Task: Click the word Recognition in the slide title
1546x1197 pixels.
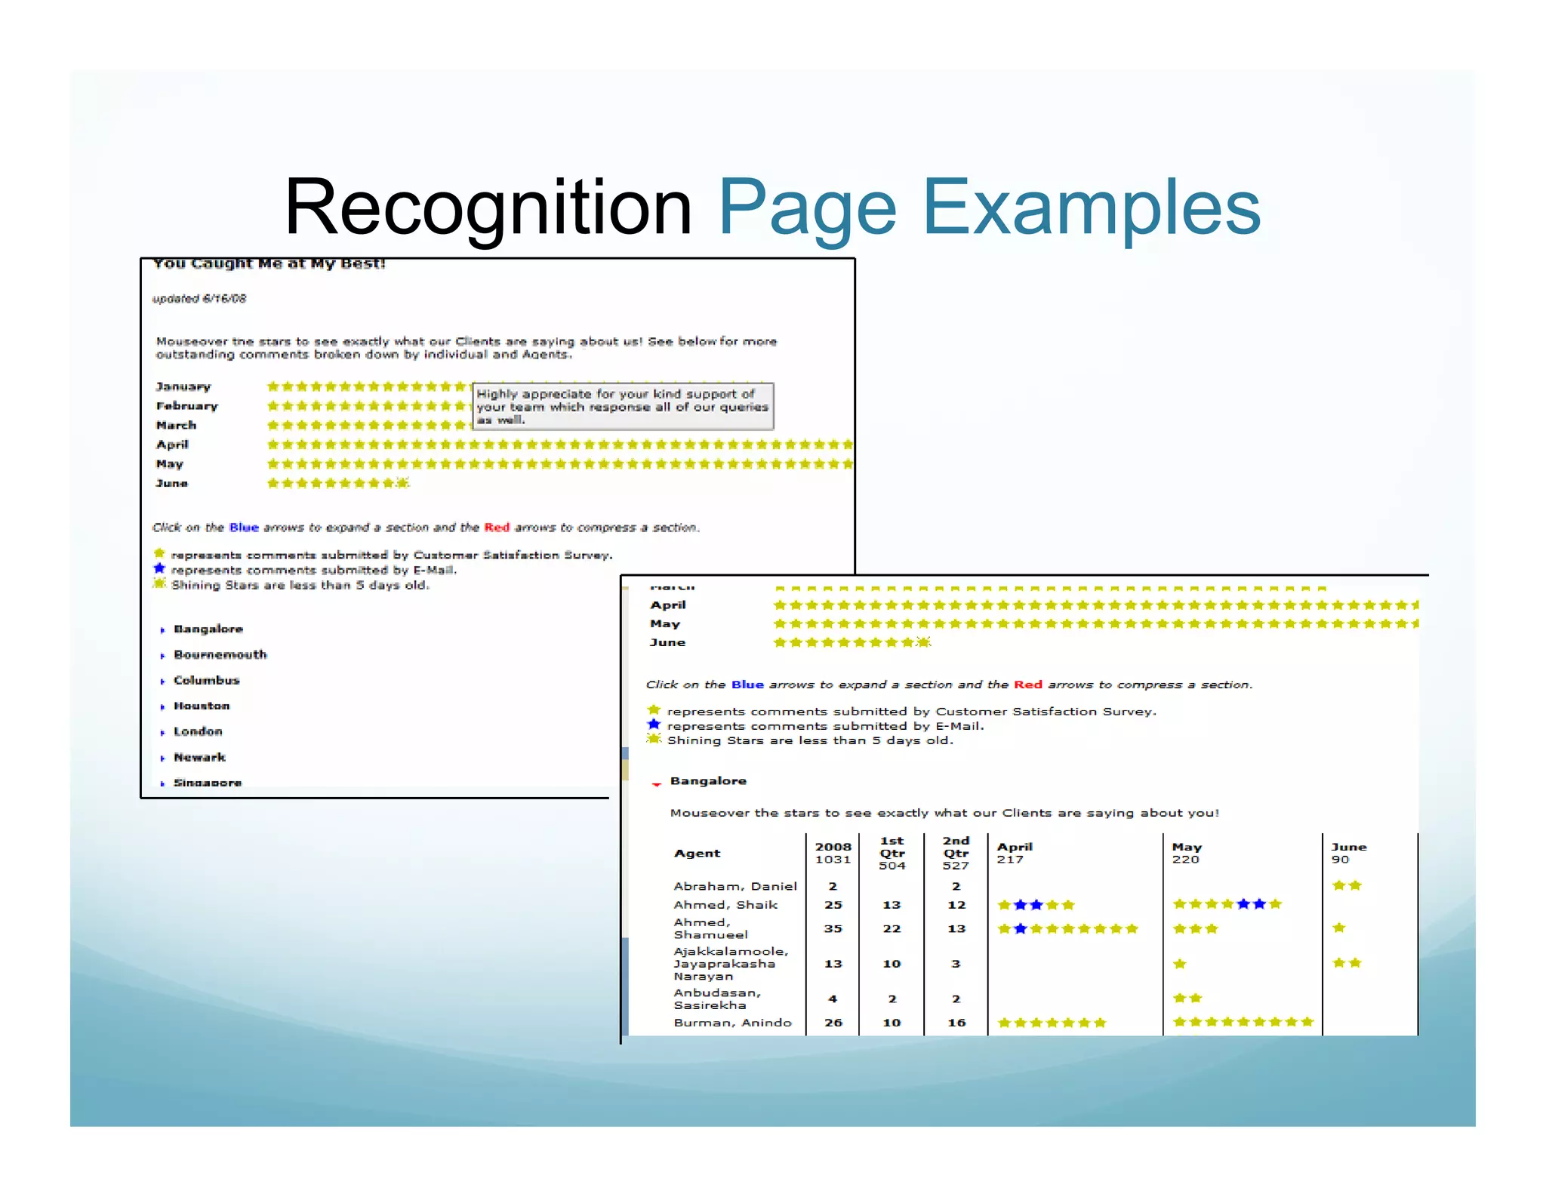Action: pyautogui.click(x=488, y=208)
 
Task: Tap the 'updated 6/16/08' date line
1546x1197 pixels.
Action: pyautogui.click(x=199, y=299)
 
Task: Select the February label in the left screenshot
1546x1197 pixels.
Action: pyautogui.click(x=186, y=406)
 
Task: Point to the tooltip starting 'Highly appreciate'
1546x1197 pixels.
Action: pyautogui.click(x=623, y=407)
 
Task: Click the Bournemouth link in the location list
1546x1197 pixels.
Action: pyautogui.click(x=220, y=655)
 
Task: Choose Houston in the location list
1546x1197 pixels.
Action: pyautogui.click(x=202, y=706)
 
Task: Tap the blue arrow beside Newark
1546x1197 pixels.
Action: pyautogui.click(x=162, y=759)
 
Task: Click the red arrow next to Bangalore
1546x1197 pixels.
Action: pyautogui.click(x=656, y=784)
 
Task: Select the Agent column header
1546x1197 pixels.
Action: pyautogui.click(x=697, y=854)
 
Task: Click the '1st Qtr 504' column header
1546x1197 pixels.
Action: pyautogui.click(x=892, y=854)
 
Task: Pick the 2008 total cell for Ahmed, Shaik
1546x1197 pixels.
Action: pyautogui.click(x=833, y=905)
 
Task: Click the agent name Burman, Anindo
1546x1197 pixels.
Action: pyautogui.click(x=732, y=1023)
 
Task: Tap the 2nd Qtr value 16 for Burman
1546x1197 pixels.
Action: pyautogui.click(x=956, y=1023)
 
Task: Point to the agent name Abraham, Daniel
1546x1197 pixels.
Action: pyautogui.click(x=735, y=887)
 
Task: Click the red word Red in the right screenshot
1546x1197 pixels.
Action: pyautogui.click(x=1027, y=685)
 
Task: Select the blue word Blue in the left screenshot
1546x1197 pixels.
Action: pyautogui.click(x=244, y=528)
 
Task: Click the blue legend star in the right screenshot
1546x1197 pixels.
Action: pyautogui.click(x=654, y=725)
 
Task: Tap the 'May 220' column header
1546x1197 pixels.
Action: pyautogui.click(x=1186, y=854)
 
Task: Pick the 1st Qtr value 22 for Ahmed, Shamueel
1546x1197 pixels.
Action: pyautogui.click(x=892, y=929)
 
